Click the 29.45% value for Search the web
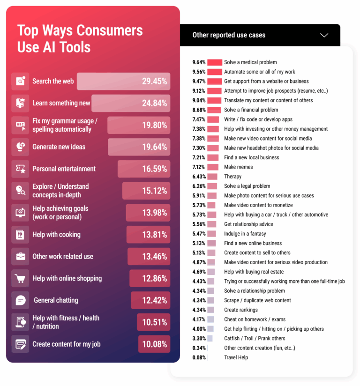click(x=154, y=82)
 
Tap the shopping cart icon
click(x=20, y=279)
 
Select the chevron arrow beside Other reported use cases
click(x=324, y=35)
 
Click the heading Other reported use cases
click(x=229, y=35)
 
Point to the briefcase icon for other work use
click(x=20, y=257)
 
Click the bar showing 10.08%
click(x=154, y=344)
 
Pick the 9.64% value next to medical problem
click(x=199, y=62)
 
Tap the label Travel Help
click(x=236, y=357)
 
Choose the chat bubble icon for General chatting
click(x=20, y=300)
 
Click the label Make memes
click(x=238, y=167)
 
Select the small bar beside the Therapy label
click(x=212, y=177)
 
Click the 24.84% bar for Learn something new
click(x=130, y=104)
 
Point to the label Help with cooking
click(x=56, y=235)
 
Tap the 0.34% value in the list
click(x=199, y=348)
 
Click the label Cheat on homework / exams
click(x=254, y=319)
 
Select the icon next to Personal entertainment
click(x=20, y=169)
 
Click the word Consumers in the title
click(x=110, y=31)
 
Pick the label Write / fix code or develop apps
click(x=258, y=119)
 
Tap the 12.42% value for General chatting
click(x=154, y=300)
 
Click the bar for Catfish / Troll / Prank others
click(x=210, y=338)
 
